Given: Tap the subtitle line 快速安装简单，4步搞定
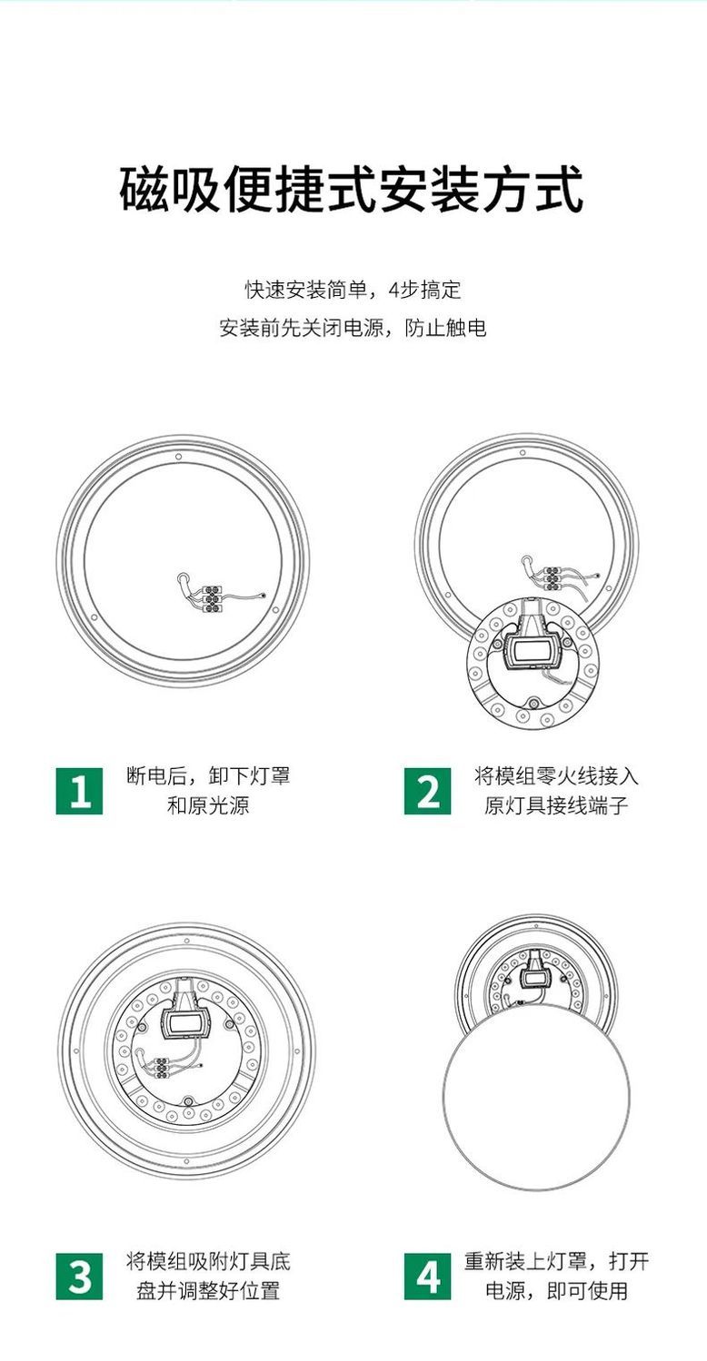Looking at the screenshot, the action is (353, 290).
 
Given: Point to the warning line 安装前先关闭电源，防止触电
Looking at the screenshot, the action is (353, 328).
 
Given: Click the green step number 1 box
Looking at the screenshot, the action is (79, 791).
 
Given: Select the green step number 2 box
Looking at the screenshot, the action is (427, 791).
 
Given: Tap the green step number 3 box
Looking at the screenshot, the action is (79, 1277).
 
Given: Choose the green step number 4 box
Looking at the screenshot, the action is (427, 1277).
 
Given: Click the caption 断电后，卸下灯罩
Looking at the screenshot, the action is (208, 776).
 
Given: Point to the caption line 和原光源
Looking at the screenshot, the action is (208, 805).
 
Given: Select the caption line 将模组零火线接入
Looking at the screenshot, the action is (556, 776).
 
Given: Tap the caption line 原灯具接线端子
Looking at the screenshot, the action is (556, 805).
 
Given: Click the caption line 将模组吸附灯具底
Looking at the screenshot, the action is (208, 1261).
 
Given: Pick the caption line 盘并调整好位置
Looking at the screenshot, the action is (208, 1291).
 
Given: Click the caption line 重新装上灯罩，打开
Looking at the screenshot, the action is (556, 1261).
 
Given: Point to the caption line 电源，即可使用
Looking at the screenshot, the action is (556, 1291).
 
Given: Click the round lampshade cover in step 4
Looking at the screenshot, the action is (537, 1098).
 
